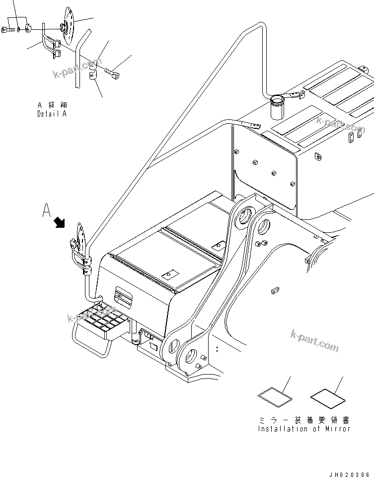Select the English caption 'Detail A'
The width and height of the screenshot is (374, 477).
click(52, 113)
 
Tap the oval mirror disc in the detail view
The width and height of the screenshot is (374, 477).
click(68, 24)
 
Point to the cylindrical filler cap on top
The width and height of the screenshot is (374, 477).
click(277, 106)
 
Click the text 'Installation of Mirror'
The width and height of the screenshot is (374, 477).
click(304, 429)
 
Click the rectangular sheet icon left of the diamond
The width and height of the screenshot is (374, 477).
click(275, 397)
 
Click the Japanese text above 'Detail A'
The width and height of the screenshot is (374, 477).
click(52, 105)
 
